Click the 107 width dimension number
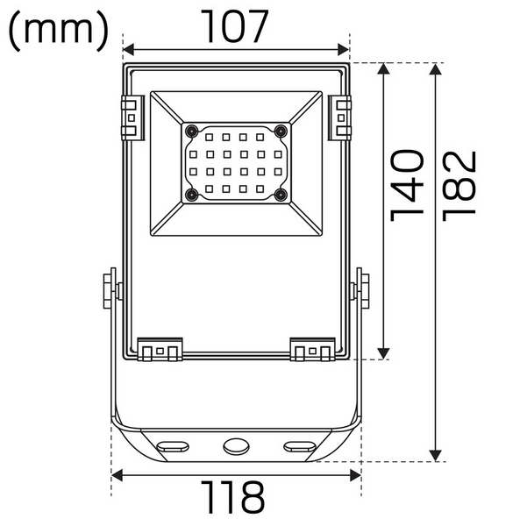(x=235, y=26)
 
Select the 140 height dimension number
(x=406, y=188)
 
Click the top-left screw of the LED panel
(x=189, y=131)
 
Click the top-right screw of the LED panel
(x=280, y=131)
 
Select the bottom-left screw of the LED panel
(x=189, y=195)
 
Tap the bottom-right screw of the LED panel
(x=280, y=195)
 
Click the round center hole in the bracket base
(x=235, y=445)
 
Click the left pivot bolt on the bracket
(x=109, y=290)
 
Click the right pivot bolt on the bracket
(x=360, y=290)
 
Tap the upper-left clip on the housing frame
(x=130, y=117)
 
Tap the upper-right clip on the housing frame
(x=340, y=117)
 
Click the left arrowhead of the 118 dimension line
(x=118, y=474)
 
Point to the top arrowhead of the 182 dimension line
(x=435, y=68)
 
